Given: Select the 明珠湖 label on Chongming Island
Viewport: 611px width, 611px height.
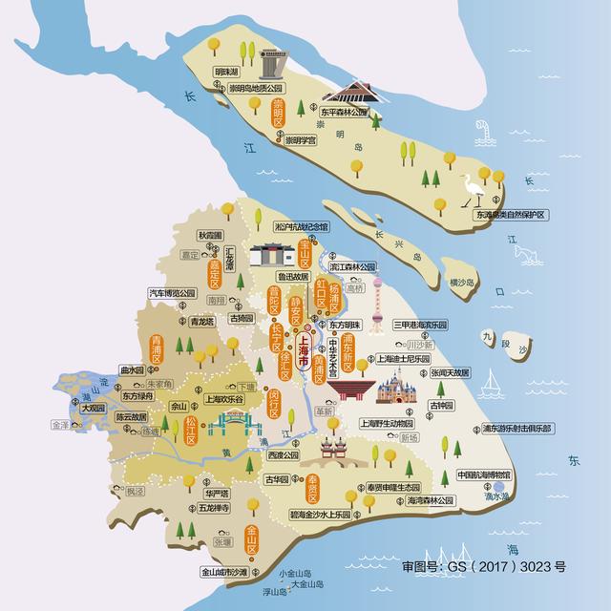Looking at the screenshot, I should (x=226, y=72).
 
